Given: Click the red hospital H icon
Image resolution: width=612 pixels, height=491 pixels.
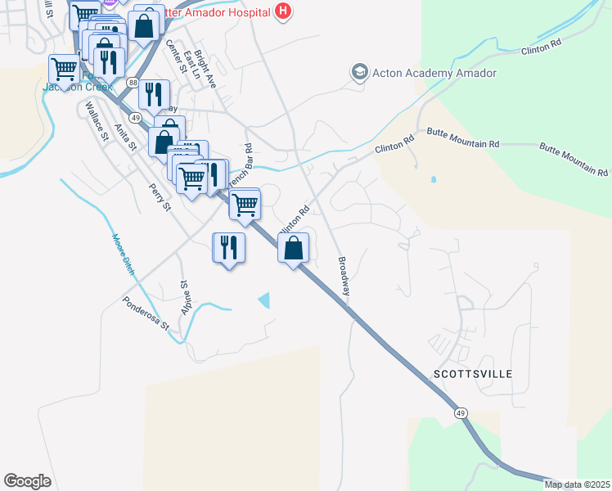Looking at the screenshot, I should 283,11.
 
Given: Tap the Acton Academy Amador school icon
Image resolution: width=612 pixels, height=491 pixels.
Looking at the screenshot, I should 359,73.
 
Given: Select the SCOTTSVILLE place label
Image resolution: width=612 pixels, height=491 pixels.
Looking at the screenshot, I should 472,374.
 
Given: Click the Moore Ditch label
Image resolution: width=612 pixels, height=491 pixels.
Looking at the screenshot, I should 122,254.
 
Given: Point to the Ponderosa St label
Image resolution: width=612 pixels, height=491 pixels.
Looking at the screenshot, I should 146,313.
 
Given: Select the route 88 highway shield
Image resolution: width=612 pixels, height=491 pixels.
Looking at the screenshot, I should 132,82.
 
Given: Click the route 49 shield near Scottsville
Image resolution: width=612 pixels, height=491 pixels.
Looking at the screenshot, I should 462,414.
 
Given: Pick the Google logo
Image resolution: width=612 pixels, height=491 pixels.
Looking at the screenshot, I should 28,480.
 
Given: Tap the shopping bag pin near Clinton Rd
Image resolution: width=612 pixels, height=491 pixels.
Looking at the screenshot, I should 294,248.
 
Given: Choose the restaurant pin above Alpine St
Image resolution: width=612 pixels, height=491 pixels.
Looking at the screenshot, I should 228,248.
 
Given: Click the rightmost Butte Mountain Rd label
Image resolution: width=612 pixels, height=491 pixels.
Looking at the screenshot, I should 574,160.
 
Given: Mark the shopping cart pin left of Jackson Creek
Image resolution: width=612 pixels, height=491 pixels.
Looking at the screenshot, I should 63,68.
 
